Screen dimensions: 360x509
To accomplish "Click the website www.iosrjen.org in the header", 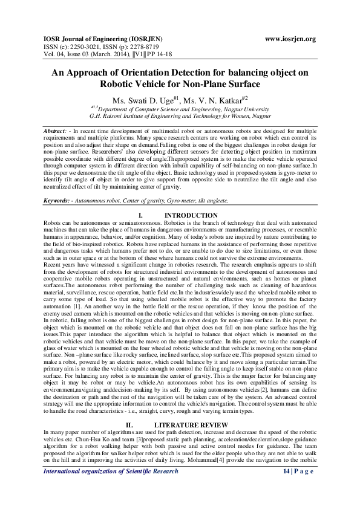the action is tap(290, 39).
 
